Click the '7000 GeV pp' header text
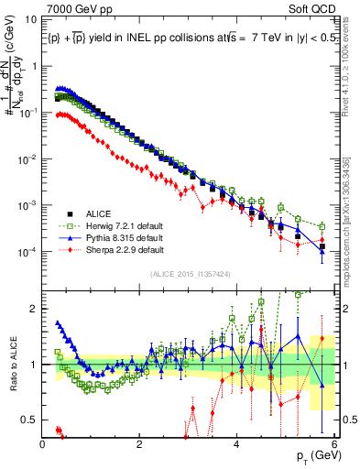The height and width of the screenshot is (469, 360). click(75, 7)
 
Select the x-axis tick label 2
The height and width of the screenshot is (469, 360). click(140, 443)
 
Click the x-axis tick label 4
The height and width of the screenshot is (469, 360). click(237, 443)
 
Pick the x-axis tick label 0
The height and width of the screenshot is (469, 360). click(43, 443)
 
